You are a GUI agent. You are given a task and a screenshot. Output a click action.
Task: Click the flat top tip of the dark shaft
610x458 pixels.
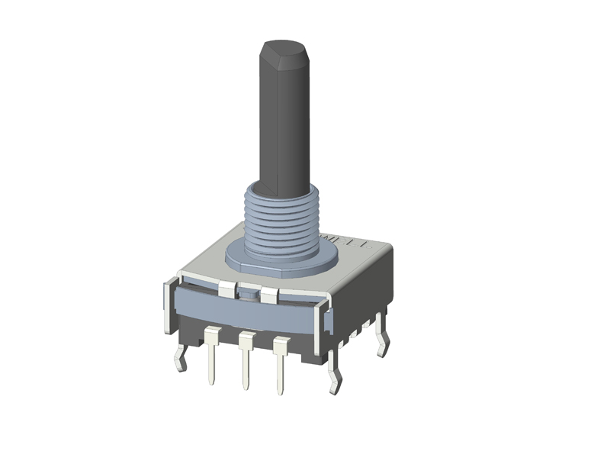point(283,50)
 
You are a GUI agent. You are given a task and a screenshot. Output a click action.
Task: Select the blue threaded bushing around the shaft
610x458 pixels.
point(280,221)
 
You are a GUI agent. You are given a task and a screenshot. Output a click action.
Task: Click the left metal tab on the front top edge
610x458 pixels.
point(227,289)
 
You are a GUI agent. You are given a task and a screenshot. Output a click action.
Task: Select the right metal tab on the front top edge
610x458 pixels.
point(268,295)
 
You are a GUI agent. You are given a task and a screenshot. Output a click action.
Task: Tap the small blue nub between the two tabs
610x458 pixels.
point(248,291)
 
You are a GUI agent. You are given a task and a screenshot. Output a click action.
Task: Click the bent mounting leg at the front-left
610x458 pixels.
point(181,357)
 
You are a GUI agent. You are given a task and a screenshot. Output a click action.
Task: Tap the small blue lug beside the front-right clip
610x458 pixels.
point(329,320)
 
